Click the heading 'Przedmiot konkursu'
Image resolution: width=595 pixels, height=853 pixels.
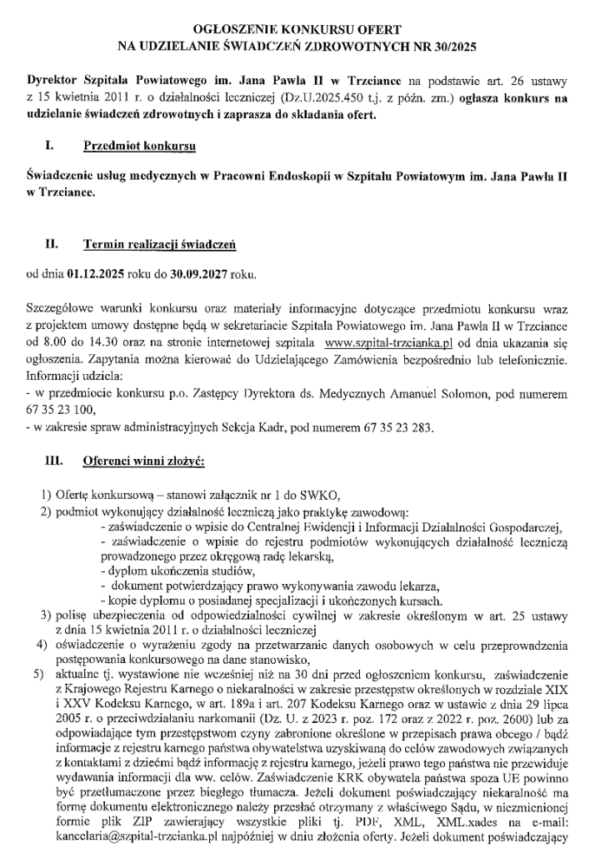click(139, 147)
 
